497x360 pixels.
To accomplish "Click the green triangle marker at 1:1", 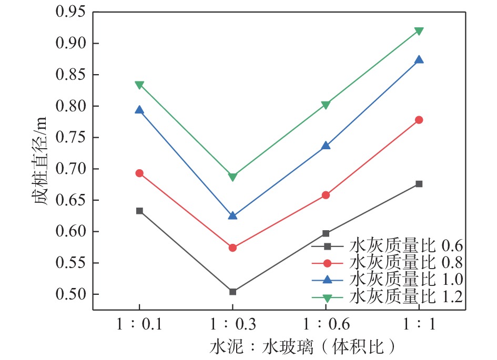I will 419,31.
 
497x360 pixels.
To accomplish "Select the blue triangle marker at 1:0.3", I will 232,215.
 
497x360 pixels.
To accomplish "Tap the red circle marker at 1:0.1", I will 139,173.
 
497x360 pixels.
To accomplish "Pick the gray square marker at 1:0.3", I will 232,292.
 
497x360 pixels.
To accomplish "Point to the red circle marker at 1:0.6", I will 326,195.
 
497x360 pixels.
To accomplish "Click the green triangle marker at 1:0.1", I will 139,85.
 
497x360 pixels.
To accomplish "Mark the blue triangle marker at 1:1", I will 419,59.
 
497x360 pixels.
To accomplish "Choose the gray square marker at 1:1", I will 419,184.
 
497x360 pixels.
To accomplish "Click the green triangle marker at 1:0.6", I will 326,105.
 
